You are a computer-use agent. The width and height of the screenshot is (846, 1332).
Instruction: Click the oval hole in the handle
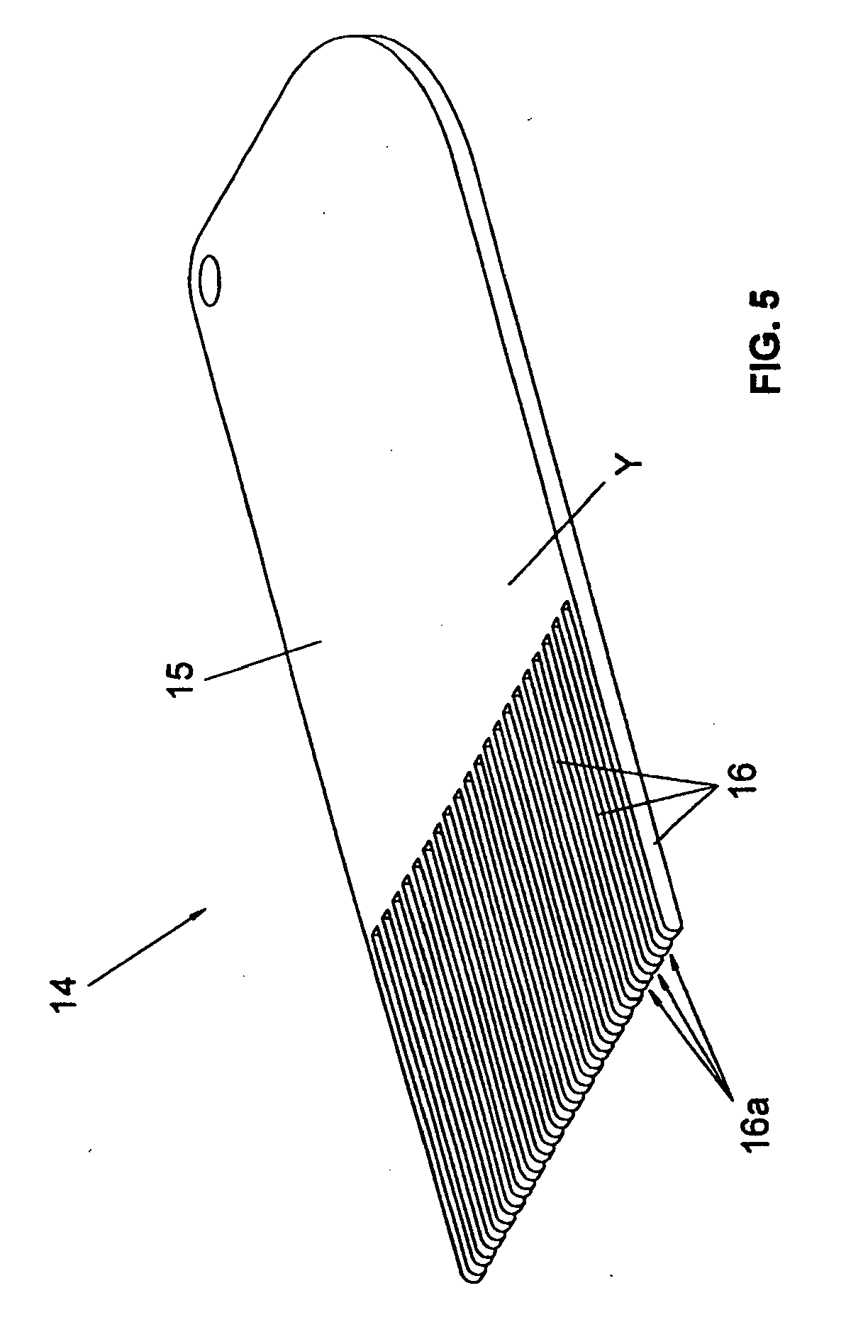[211, 279]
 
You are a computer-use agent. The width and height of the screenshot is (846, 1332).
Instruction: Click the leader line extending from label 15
[262, 660]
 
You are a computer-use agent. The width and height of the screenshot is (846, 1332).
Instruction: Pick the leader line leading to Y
[557, 532]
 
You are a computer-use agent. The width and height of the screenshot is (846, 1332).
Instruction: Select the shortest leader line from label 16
[684, 814]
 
